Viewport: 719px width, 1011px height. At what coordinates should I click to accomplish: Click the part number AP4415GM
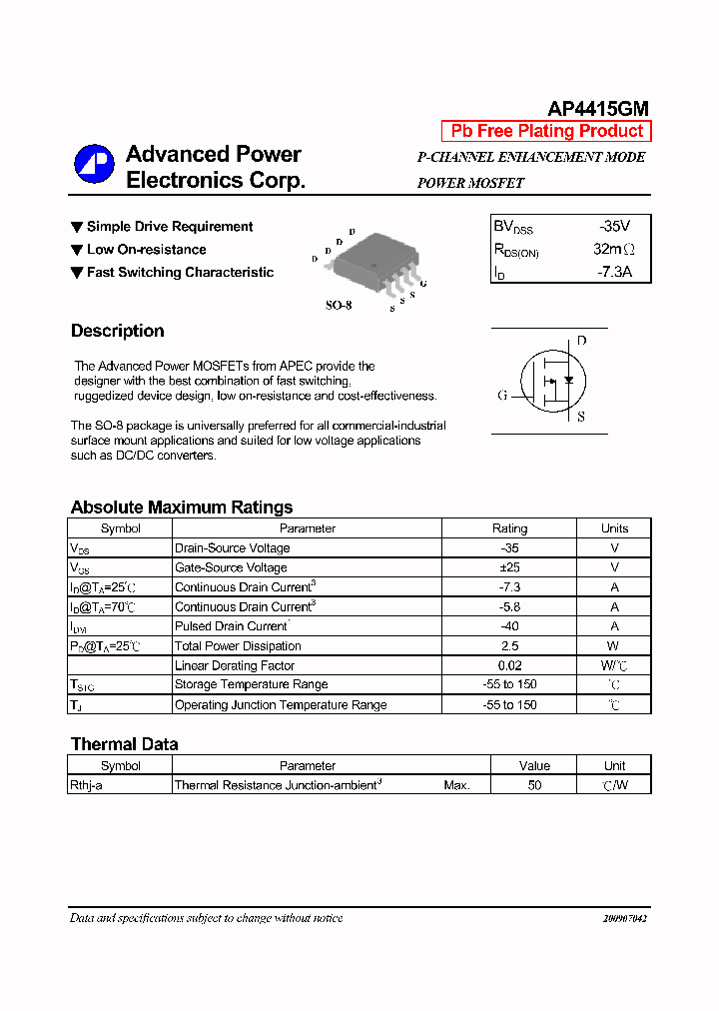coord(598,109)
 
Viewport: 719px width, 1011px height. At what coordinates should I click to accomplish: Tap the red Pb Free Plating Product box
coord(546,131)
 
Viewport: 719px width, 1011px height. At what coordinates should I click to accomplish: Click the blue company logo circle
coord(94,165)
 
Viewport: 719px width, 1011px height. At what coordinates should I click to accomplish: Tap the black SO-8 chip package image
coord(371,261)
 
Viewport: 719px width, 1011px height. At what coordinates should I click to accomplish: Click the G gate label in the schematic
coord(502,395)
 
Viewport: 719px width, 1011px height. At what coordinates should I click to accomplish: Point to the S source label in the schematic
coord(581,417)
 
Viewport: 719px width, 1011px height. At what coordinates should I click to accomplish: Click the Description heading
coord(117,331)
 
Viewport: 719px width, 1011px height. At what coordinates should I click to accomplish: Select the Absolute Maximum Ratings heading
coord(182,506)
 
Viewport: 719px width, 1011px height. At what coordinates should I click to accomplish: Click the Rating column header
coord(509,528)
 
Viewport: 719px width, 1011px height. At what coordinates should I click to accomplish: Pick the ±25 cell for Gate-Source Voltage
coord(509,567)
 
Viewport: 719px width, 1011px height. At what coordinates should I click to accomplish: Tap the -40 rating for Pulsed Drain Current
coord(509,626)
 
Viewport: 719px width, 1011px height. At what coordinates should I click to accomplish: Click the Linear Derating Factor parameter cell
coord(235,665)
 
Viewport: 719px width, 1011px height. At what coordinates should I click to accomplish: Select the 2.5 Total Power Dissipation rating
coord(509,646)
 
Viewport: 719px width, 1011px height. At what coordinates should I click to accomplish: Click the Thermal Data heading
coord(124,744)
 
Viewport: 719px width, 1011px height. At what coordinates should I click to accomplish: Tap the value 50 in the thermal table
coord(534,785)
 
